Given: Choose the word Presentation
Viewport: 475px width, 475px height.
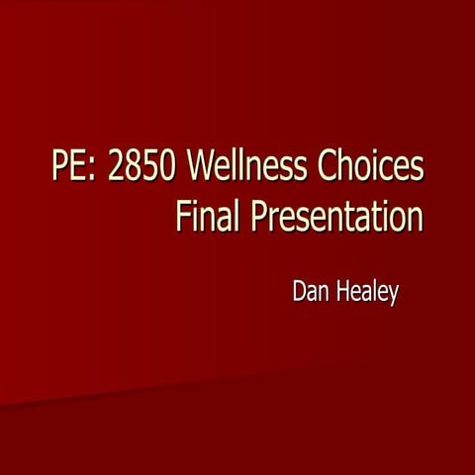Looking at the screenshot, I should tap(336, 215).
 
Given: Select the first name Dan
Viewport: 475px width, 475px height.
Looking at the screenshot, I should tap(310, 293).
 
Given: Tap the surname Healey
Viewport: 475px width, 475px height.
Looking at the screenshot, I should tap(366, 293).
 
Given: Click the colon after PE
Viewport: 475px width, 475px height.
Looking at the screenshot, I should tap(94, 169).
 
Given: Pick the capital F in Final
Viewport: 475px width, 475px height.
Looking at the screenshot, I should tap(182, 215).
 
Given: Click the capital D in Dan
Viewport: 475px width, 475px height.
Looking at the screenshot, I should tap(297, 293).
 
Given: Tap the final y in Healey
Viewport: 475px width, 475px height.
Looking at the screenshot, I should tap(394, 296).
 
